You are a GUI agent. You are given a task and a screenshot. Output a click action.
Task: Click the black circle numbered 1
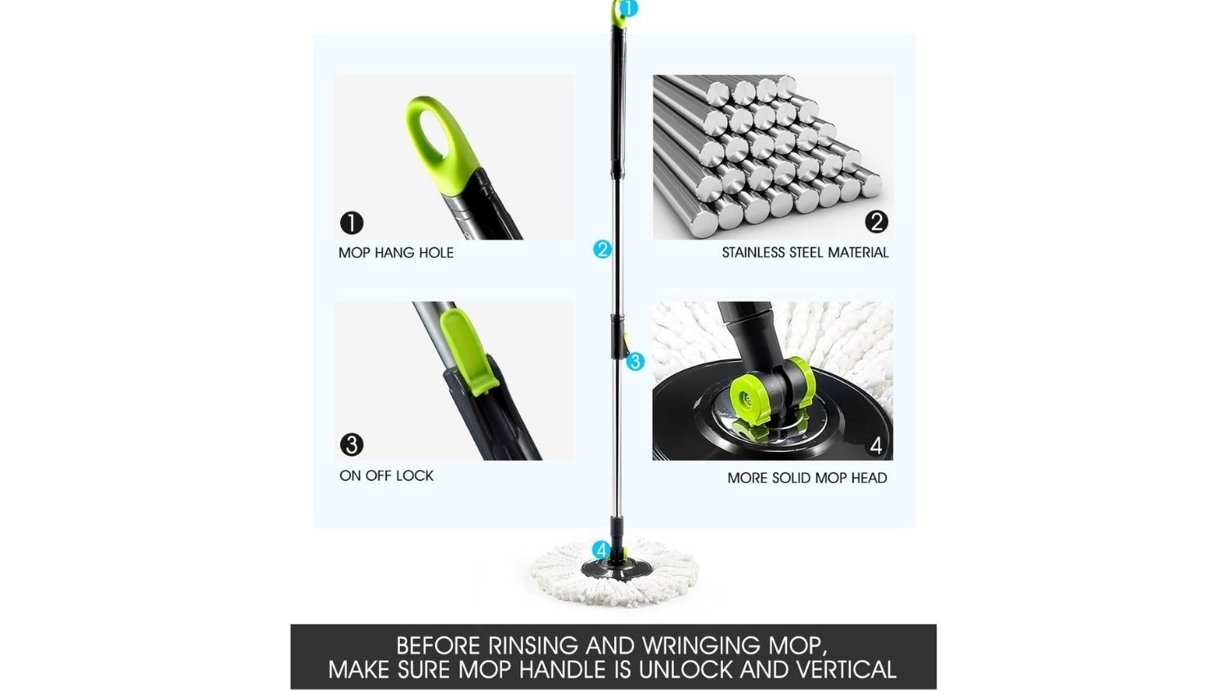click(x=352, y=224)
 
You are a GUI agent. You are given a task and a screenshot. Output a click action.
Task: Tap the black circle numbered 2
click(x=876, y=222)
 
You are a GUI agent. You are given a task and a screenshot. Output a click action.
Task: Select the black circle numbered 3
click(x=352, y=445)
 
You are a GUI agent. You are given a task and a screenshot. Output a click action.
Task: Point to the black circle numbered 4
click(x=876, y=446)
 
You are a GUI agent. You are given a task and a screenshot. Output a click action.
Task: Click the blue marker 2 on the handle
click(x=602, y=250)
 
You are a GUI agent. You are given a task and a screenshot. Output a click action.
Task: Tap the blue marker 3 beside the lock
click(x=635, y=361)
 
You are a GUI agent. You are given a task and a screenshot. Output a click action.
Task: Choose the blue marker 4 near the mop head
click(x=601, y=550)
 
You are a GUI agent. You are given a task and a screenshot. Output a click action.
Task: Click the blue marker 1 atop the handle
click(x=628, y=8)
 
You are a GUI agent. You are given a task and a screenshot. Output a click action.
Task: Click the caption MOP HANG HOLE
click(x=396, y=253)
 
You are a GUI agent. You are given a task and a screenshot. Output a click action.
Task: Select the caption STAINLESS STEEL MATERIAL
click(x=805, y=253)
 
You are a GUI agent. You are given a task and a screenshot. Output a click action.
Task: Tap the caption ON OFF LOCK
click(x=386, y=476)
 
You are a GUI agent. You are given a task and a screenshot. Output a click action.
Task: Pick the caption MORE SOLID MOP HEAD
click(x=807, y=477)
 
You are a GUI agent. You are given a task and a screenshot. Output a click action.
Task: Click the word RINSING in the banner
click(x=533, y=645)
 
